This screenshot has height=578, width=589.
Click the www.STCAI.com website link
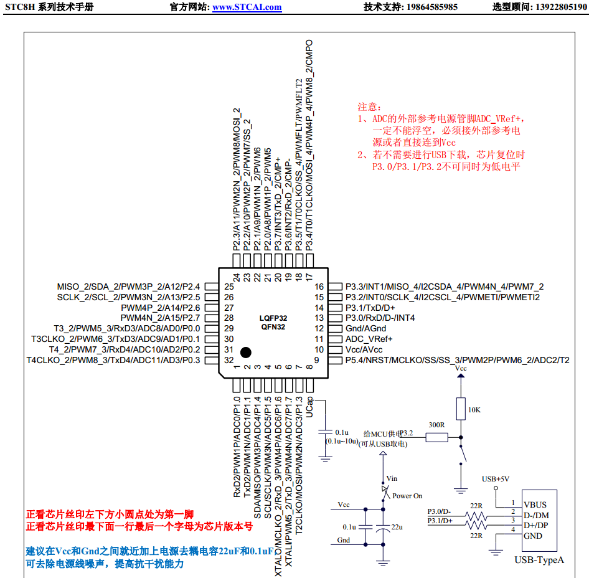tap(247, 7)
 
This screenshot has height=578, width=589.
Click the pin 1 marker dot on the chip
tap(246, 353)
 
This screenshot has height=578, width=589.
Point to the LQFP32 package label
tap(273, 318)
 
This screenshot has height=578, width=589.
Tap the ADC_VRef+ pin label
tap(369, 339)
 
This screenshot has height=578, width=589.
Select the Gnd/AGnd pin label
tap(360, 328)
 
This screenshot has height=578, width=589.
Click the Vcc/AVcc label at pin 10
tap(364, 349)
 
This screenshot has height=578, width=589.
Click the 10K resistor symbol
tap(461, 409)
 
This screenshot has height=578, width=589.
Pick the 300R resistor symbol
tap(437, 437)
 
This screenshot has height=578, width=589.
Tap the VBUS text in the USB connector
tap(535, 505)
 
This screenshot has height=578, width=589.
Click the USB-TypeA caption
tap(539, 560)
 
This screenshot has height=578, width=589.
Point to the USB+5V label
tap(496, 479)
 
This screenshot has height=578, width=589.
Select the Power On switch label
tap(407, 496)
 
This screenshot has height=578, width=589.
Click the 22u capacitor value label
tap(397, 528)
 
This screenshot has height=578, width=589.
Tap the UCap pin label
tap(309, 407)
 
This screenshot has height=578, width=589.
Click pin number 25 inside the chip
tap(229, 287)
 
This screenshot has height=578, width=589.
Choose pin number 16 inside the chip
tap(319, 287)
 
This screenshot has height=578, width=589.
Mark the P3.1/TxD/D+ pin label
tap(370, 308)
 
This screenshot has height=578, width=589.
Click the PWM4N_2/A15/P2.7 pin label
tap(161, 318)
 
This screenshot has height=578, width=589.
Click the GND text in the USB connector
tap(533, 536)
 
